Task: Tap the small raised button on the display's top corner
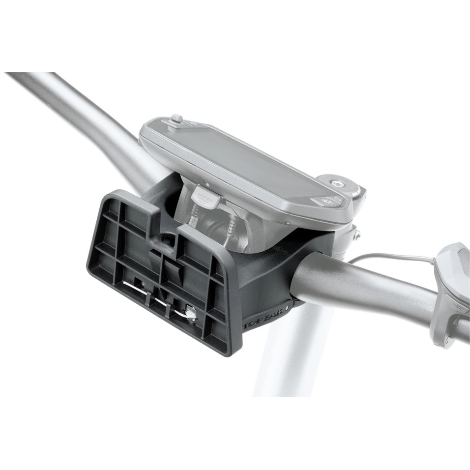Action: [x=176, y=118]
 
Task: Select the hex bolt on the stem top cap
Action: [x=339, y=183]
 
